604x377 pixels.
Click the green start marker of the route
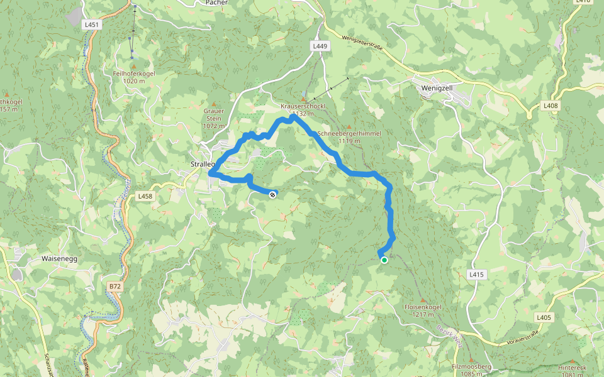(384, 260)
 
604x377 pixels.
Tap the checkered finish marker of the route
(272, 195)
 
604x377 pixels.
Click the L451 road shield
(92, 25)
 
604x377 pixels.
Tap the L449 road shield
(320, 46)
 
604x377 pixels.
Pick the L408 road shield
(551, 106)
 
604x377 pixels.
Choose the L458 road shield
(145, 197)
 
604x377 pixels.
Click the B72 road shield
(114, 287)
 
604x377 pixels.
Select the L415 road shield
(477, 275)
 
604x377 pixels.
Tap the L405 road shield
(544, 317)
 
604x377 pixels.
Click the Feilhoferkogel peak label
(133, 74)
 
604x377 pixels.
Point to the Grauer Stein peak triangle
(213, 104)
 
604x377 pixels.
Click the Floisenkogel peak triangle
(422, 299)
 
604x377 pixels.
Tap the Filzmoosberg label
(471, 366)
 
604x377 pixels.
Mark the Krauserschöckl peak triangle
(303, 99)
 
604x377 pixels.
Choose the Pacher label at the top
(216, 3)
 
